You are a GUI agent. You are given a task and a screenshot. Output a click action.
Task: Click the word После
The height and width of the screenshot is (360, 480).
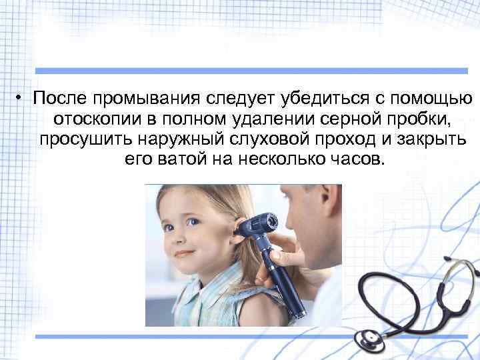[x=61, y=99]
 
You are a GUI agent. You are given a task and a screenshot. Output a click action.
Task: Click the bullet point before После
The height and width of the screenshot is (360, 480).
[x=21, y=99]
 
